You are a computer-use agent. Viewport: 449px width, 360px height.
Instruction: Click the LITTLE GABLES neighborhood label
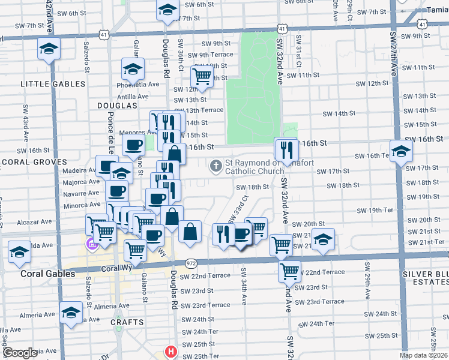53,84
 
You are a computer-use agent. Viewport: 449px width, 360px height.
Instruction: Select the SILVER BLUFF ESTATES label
426,278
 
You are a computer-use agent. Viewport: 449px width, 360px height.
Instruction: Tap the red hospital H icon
171,352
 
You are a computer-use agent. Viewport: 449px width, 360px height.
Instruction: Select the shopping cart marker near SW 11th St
202,77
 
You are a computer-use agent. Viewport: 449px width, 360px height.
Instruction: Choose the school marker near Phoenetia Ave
133,69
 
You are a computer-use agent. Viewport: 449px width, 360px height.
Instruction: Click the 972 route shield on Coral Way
191,263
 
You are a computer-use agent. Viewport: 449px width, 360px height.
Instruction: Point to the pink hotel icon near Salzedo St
91,244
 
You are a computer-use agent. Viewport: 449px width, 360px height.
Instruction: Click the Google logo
20,353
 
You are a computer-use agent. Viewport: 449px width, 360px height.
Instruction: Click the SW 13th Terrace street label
198,110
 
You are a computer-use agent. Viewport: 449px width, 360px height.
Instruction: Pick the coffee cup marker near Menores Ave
133,145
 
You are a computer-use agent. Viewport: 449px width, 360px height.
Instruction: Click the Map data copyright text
423,355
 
